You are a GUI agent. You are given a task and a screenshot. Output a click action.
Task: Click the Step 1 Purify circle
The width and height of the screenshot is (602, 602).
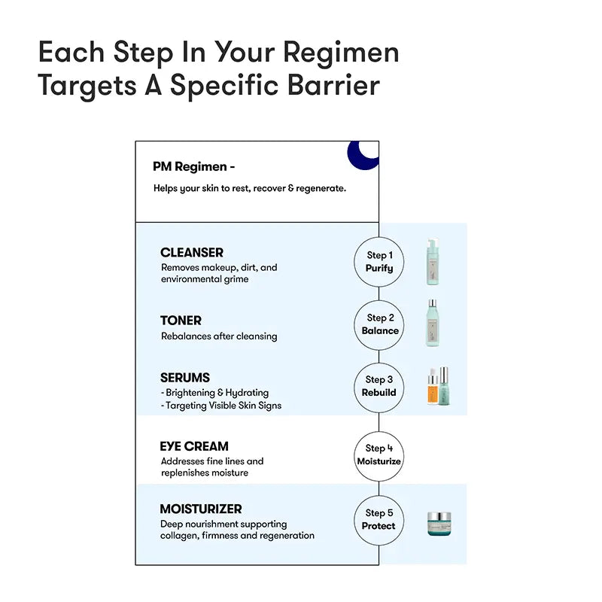coord(379,262)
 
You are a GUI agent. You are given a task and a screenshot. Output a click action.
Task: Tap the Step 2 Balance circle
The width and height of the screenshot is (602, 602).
coord(379,324)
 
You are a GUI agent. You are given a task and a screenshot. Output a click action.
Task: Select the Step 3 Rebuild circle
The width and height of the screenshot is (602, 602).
coord(379,386)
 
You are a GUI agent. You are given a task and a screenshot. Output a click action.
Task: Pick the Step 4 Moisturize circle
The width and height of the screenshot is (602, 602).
coord(379,455)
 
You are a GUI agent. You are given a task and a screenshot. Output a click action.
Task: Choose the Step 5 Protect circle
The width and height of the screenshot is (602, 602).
coord(379,519)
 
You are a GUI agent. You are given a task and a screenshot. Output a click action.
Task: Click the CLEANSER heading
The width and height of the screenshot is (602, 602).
coord(192,253)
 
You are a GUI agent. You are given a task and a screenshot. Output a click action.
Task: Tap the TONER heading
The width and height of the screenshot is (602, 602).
coord(181,321)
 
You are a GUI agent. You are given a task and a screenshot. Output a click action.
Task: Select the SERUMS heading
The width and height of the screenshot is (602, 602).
coord(185,378)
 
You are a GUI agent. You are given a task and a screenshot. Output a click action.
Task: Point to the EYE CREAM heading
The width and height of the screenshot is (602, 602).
coord(194,446)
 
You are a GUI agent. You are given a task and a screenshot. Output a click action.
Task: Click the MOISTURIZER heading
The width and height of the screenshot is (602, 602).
coord(201,509)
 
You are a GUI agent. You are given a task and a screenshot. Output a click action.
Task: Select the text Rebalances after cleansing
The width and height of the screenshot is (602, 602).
coord(219,336)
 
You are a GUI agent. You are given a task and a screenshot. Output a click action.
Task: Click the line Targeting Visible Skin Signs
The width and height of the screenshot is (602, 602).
coord(221,406)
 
